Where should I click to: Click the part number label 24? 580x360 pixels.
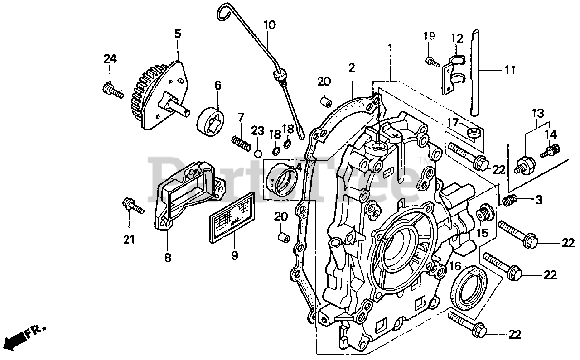pos(110,59)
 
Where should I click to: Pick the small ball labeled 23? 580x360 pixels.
pos(258,153)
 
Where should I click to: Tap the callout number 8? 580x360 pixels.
pos(168,258)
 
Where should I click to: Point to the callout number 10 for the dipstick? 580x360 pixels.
pos(269,24)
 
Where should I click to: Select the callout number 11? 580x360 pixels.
pos(510,70)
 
